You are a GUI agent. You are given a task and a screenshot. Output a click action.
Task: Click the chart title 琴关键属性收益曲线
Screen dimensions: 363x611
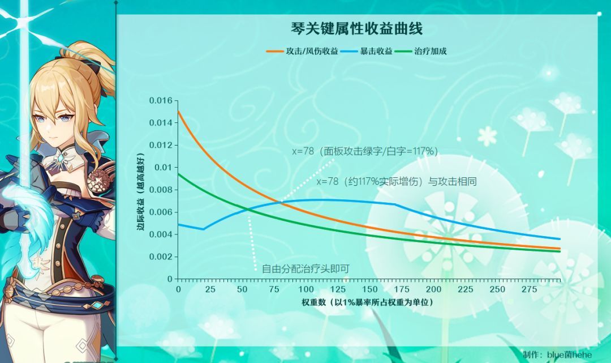[357, 29]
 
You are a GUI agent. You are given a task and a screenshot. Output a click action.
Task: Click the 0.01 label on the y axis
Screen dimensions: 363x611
[162, 168]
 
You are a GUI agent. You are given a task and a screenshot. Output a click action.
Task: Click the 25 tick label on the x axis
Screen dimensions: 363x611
[210, 289]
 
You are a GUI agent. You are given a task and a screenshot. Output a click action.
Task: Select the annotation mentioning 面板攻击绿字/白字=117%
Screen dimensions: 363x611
[365, 151]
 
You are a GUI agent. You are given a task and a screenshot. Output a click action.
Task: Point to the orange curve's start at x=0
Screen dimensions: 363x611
[179, 112]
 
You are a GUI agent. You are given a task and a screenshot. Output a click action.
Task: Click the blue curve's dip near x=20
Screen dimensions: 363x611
[204, 229]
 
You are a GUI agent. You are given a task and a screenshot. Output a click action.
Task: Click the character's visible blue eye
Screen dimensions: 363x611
[67, 118]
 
